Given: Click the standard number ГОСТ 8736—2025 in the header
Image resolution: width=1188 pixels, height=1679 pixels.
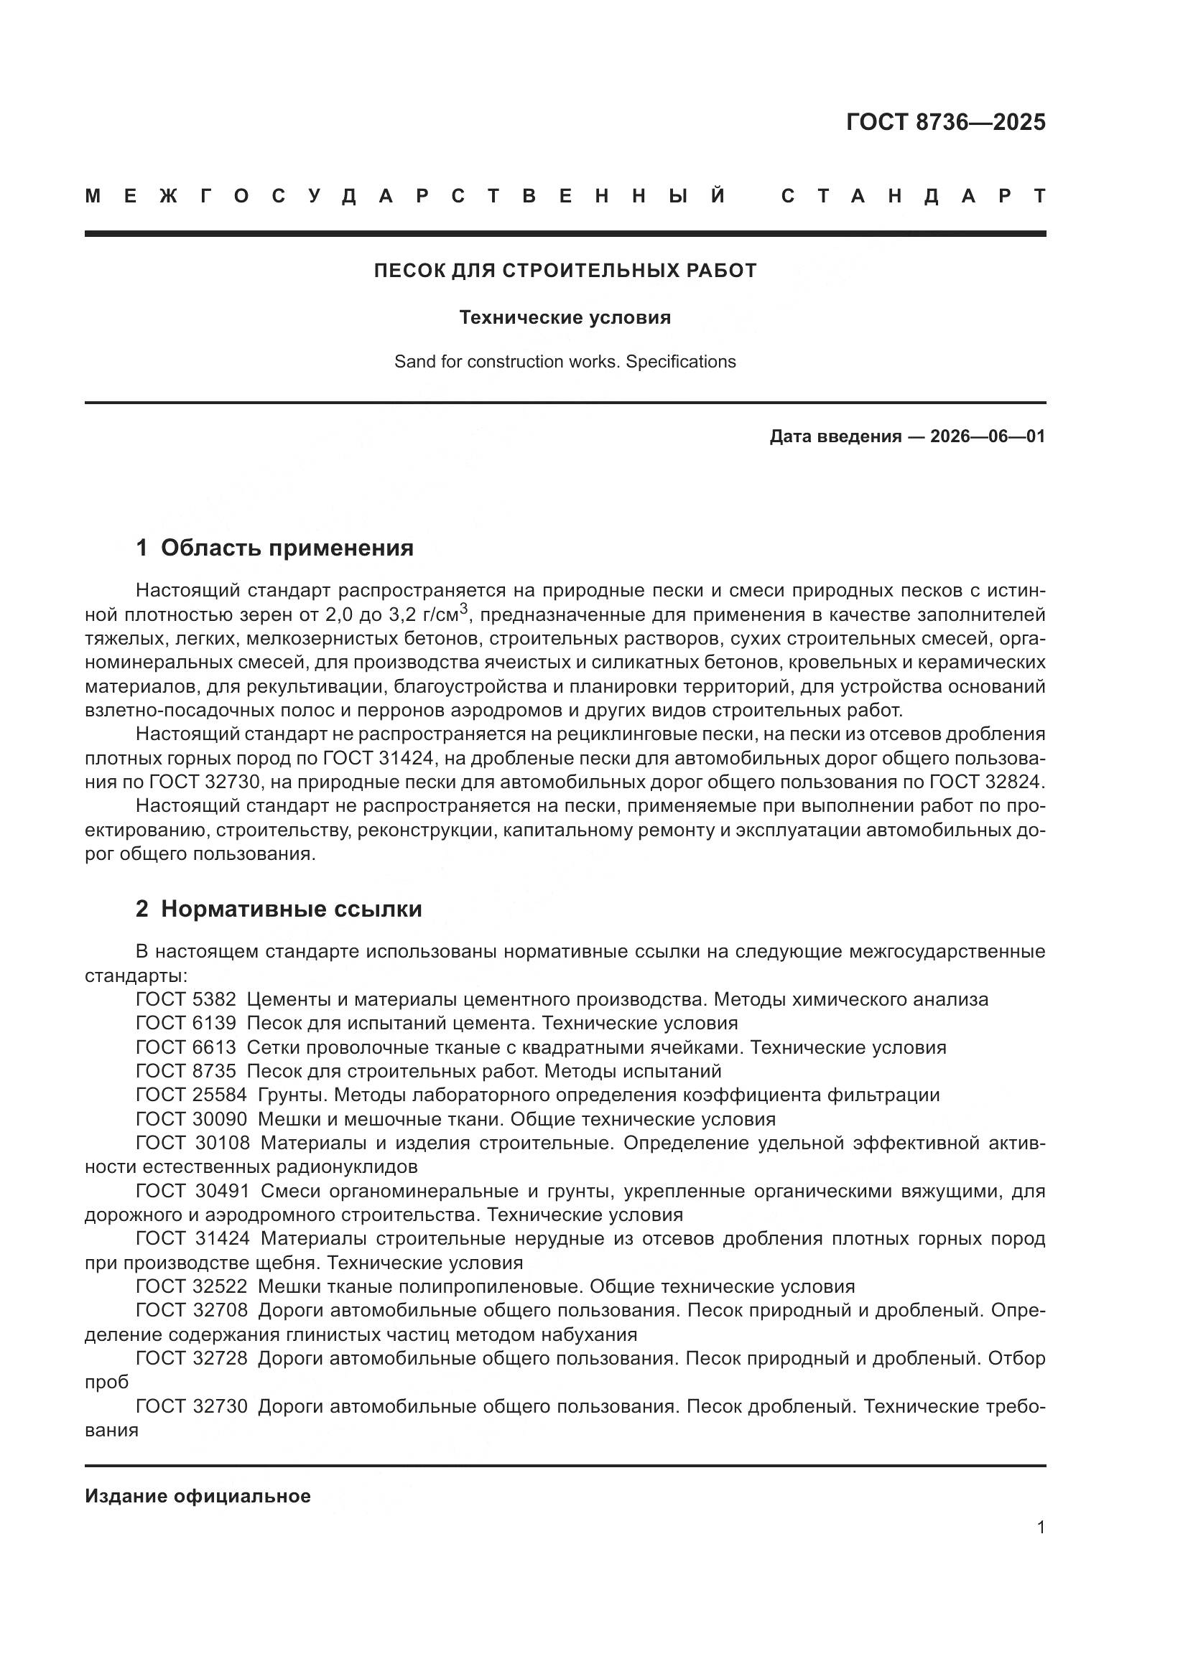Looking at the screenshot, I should point(945,122).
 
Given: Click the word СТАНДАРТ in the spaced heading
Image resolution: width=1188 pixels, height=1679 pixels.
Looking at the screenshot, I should point(913,196).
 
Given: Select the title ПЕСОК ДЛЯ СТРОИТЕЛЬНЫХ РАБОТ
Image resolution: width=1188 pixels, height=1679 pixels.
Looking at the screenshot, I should point(565,271).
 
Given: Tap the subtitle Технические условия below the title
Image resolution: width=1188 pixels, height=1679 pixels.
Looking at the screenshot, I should point(565,317).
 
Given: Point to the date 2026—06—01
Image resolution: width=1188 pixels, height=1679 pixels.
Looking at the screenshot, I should point(987,436).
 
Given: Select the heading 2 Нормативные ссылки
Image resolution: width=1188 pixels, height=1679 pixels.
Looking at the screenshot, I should point(279,908).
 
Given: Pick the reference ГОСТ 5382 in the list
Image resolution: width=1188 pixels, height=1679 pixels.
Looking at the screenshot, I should point(186,999).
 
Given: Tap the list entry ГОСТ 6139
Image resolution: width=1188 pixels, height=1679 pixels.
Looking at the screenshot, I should point(186,1022).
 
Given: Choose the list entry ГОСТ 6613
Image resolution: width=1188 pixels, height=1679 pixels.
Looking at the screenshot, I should point(186,1047).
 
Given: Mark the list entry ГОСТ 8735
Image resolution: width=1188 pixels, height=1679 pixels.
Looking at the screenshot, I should point(186,1070).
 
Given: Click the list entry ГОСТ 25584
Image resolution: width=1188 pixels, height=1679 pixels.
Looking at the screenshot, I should point(192,1095).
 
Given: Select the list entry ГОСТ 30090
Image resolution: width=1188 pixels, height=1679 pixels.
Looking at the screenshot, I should point(192,1119).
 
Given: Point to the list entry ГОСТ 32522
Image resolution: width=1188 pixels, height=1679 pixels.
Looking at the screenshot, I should point(192,1286).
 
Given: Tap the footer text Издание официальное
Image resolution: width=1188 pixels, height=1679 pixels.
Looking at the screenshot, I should point(198,1495).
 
